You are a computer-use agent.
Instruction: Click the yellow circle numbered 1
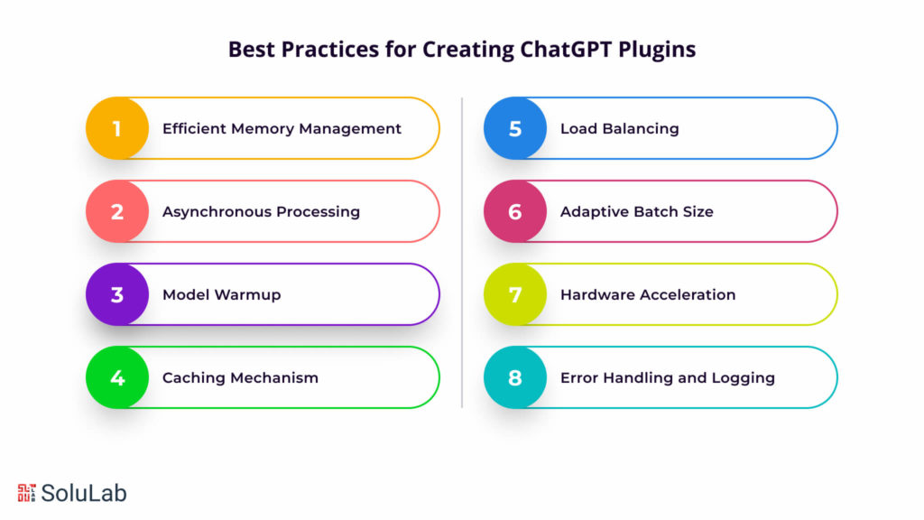click(x=117, y=128)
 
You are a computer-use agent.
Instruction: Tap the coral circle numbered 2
click(x=117, y=211)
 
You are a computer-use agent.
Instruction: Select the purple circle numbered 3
click(x=117, y=294)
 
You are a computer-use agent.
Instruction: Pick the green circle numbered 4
click(x=117, y=377)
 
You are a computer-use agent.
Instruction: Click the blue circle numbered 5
click(x=515, y=128)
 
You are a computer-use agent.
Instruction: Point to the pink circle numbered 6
click(x=515, y=211)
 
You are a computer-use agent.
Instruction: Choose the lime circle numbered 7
click(x=515, y=294)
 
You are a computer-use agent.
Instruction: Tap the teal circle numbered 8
click(x=515, y=377)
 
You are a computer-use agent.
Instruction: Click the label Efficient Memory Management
click(x=282, y=128)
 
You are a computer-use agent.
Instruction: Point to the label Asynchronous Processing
click(x=261, y=211)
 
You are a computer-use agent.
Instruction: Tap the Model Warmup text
click(x=221, y=294)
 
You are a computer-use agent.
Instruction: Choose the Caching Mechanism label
click(x=240, y=377)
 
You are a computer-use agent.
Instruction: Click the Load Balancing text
click(x=619, y=128)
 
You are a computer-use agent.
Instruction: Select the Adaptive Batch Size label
click(x=636, y=211)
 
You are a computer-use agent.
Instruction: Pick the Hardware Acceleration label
click(x=648, y=294)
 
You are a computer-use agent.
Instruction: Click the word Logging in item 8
click(x=743, y=378)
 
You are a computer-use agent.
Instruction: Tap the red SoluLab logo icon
click(x=26, y=492)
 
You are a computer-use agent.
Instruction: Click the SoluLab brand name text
click(x=84, y=492)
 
